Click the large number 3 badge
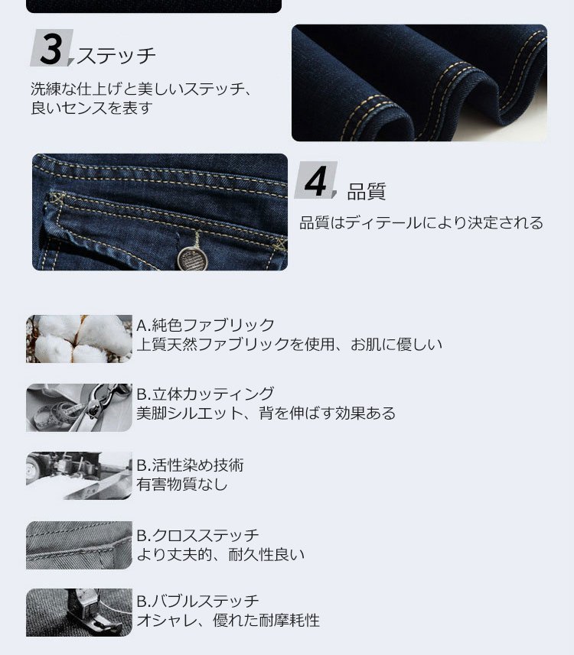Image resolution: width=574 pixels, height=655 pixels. [x=52, y=48]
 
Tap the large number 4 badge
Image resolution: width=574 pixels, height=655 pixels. [x=316, y=180]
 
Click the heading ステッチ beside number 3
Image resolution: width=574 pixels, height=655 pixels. [x=116, y=56]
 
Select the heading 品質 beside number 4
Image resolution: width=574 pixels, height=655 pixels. [x=367, y=192]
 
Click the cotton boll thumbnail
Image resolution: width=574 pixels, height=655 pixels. [x=79, y=339]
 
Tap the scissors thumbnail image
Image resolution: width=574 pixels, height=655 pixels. [x=79, y=407]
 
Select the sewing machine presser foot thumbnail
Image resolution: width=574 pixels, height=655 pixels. [x=79, y=613]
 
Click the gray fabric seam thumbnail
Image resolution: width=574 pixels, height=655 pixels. [x=79, y=545]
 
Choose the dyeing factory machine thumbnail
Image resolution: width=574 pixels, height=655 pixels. [x=79, y=476]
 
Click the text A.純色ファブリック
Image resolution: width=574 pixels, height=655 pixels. [x=205, y=325]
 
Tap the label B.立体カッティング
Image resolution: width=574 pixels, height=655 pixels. [x=205, y=394]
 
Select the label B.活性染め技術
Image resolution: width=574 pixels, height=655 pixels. [x=191, y=465]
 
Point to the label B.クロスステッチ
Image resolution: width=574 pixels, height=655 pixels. [x=198, y=535]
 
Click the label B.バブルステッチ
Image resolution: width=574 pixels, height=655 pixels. [x=198, y=601]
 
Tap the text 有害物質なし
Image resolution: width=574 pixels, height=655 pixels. [x=182, y=485]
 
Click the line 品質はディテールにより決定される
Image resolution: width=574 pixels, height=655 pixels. [x=421, y=222]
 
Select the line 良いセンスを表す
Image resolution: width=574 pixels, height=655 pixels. [x=91, y=108]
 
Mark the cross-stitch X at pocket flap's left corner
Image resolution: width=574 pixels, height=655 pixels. [x=56, y=197]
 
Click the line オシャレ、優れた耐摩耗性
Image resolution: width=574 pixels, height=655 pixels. [x=228, y=621]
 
